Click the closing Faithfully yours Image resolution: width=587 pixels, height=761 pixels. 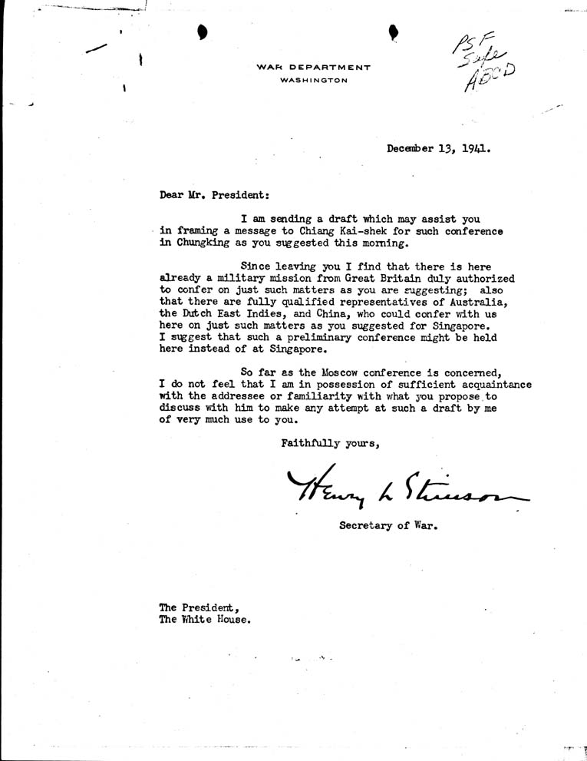pyautogui.click(x=331, y=442)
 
